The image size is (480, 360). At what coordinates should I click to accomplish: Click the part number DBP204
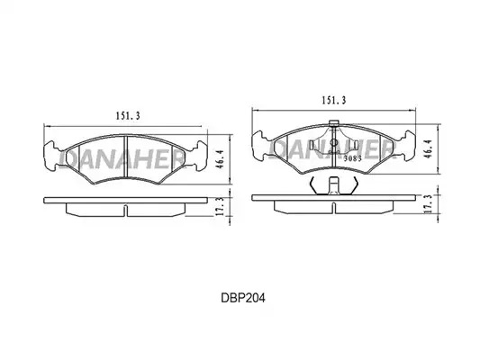pyautogui.click(x=243, y=298)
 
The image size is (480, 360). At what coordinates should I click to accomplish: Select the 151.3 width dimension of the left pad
pyautogui.click(x=127, y=115)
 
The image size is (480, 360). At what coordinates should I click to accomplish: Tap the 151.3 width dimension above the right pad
pyautogui.click(x=333, y=100)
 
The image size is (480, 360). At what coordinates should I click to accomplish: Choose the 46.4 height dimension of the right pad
pyautogui.click(x=429, y=148)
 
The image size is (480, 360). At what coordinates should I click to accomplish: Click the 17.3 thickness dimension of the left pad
pyautogui.click(x=220, y=206)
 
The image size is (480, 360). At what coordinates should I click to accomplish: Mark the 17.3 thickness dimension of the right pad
pyautogui.click(x=429, y=203)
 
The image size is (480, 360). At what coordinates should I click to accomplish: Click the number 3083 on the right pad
pyautogui.click(x=353, y=158)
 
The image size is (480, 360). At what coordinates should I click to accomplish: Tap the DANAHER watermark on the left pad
pyautogui.click(x=122, y=159)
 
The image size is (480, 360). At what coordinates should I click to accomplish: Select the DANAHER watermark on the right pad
pyautogui.click(x=332, y=148)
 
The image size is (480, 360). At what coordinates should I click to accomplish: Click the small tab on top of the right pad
pyautogui.click(x=333, y=123)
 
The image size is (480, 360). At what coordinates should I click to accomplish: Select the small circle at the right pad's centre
pyautogui.click(x=333, y=142)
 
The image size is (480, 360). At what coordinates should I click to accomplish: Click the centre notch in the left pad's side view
pyautogui.click(x=125, y=210)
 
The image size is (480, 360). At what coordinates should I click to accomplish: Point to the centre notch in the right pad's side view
pyautogui.click(x=333, y=207)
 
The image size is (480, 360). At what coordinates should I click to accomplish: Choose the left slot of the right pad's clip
pyautogui.click(x=312, y=145)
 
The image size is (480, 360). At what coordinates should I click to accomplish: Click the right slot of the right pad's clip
pyautogui.click(x=356, y=145)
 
